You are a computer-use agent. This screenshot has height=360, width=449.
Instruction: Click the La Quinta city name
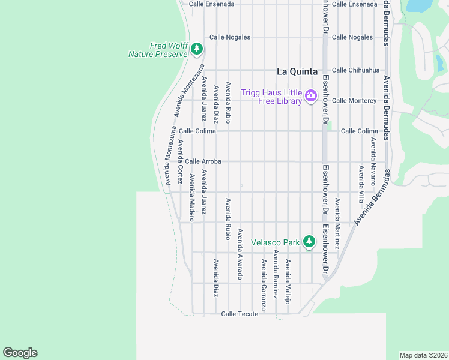click(x=297, y=71)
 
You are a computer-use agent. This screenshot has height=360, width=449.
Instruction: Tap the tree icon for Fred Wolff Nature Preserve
click(x=197, y=49)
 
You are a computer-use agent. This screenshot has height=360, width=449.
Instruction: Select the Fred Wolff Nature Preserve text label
click(x=158, y=50)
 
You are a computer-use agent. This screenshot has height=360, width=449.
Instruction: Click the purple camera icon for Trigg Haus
click(x=310, y=95)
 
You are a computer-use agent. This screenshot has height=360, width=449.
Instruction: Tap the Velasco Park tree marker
click(x=309, y=242)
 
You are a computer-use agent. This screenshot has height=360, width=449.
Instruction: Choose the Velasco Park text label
click(x=275, y=243)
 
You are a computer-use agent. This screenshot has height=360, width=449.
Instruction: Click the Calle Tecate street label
click(x=240, y=314)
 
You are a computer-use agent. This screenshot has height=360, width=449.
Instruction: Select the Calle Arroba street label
click(x=203, y=161)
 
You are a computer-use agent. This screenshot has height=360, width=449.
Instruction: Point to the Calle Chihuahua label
click(x=355, y=70)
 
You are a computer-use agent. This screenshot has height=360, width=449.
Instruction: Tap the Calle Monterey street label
click(x=354, y=100)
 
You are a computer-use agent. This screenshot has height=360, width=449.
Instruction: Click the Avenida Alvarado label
click(x=240, y=254)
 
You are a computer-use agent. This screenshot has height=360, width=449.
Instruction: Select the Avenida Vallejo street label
click(x=288, y=282)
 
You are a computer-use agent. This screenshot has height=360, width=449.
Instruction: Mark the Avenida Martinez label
click(x=337, y=224)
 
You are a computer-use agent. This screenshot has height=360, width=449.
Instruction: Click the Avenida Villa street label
click(x=361, y=184)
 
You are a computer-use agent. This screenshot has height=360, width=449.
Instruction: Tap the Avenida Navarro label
click(x=373, y=161)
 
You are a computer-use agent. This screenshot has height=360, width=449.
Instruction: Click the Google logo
click(x=20, y=353)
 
